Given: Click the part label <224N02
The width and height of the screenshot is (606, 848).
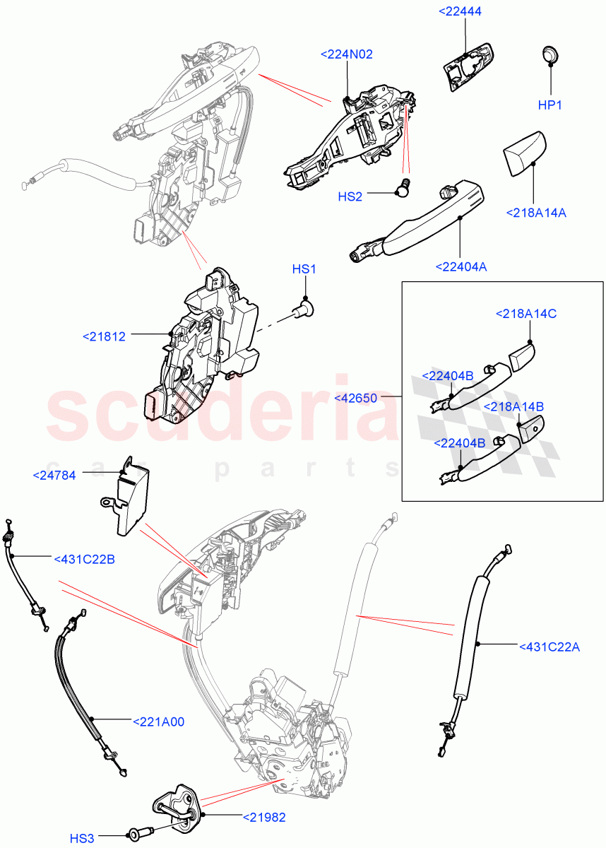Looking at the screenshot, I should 346,54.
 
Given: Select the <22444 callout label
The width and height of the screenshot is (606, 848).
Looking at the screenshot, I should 465,12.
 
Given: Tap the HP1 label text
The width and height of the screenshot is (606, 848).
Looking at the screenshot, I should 549,105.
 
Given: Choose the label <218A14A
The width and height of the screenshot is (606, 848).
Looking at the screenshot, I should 536,212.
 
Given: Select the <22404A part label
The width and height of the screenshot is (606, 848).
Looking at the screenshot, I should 461,266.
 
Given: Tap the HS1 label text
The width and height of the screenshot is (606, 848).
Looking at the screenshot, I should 304,269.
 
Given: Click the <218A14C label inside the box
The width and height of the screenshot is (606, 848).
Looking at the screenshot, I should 525,313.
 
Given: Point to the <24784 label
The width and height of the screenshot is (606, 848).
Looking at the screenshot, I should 54,476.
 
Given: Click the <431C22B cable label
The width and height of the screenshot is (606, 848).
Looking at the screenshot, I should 84,559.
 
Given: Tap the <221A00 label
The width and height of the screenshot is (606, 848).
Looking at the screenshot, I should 158,722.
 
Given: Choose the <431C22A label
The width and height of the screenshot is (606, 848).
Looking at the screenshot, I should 549,646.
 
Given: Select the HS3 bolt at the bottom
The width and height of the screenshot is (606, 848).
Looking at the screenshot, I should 138,832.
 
